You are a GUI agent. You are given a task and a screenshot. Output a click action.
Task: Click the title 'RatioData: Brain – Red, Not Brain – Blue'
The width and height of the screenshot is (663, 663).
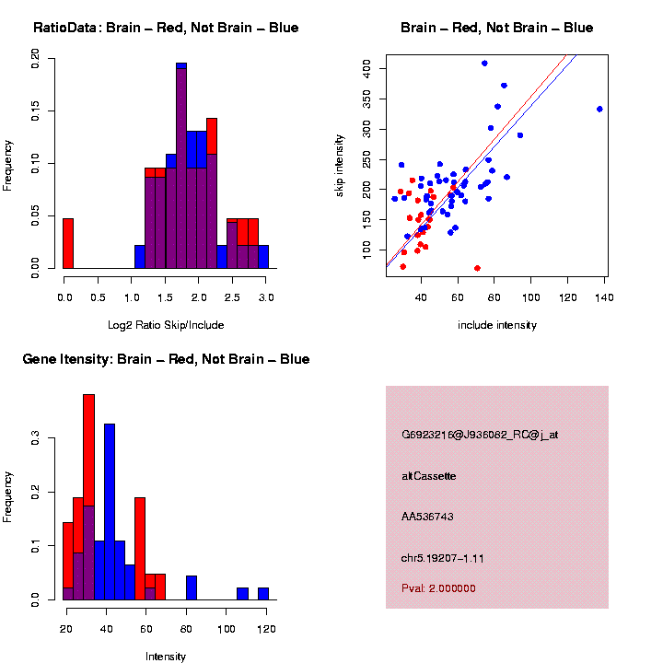coord(166,28)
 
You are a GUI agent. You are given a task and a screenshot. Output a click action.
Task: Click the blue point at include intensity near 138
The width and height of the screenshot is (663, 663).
coord(599,109)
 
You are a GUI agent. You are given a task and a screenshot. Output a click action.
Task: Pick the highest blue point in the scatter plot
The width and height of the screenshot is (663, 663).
coord(484,64)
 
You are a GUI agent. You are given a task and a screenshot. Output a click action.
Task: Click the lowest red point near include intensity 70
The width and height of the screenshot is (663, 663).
coord(477,268)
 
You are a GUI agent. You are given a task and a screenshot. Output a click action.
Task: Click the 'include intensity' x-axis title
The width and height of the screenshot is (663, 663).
coord(497,325)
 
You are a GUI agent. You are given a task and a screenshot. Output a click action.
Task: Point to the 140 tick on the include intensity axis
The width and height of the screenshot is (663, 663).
coord(604,299)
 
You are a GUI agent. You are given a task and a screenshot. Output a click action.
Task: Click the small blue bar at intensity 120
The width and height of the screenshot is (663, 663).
coord(263,594)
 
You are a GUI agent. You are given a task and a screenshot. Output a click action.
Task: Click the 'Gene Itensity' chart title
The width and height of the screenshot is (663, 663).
coord(166,359)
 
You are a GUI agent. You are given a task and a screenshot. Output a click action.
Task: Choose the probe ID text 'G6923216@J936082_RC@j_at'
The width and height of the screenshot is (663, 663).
coord(480,435)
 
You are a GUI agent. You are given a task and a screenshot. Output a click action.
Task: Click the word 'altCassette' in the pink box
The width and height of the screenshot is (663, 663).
coord(429,476)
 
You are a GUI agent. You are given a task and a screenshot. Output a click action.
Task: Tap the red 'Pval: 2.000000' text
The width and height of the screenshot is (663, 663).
coord(438,588)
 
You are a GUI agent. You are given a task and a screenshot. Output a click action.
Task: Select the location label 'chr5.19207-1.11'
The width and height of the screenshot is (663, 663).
coord(444,558)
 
